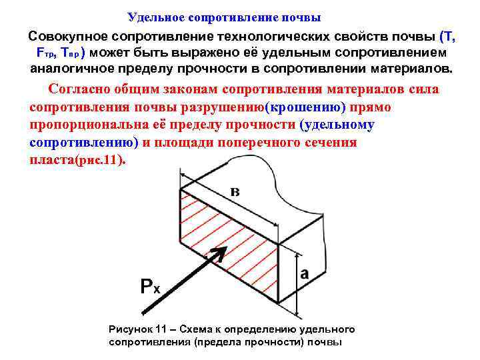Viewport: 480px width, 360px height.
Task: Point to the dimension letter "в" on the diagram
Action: pos(235,193)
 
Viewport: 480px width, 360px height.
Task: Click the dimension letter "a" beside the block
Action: pos(305,273)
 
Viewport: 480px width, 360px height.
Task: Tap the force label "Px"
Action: pos(150,287)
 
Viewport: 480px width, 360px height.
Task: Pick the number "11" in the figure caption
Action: pos(161,329)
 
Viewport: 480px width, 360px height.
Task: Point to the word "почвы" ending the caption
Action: pos(326,342)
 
